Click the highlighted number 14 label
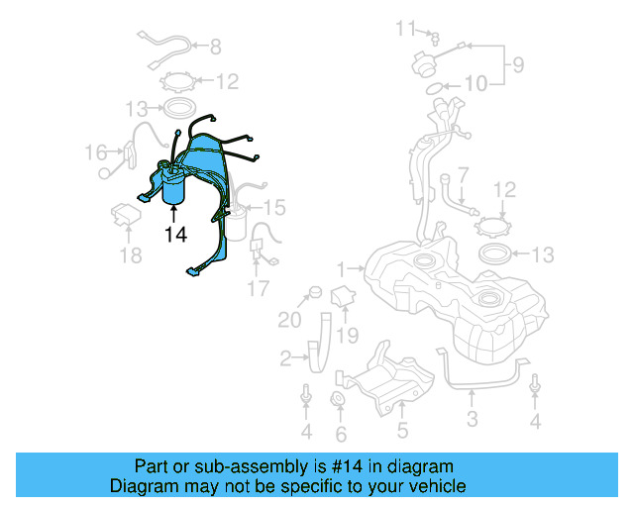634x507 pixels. coord(175,235)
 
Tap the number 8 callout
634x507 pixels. coord(215,46)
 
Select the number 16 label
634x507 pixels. coord(95,152)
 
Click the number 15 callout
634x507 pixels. coord(273,207)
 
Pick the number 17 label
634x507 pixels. coord(258,289)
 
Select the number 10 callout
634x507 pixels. coord(475,85)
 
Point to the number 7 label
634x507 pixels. coord(462,174)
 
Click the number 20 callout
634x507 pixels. coord(289,320)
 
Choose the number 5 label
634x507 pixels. coord(402,430)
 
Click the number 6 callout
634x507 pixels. coord(341,434)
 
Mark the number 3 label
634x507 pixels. coord(472,419)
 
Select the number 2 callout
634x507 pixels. coord(285,357)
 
